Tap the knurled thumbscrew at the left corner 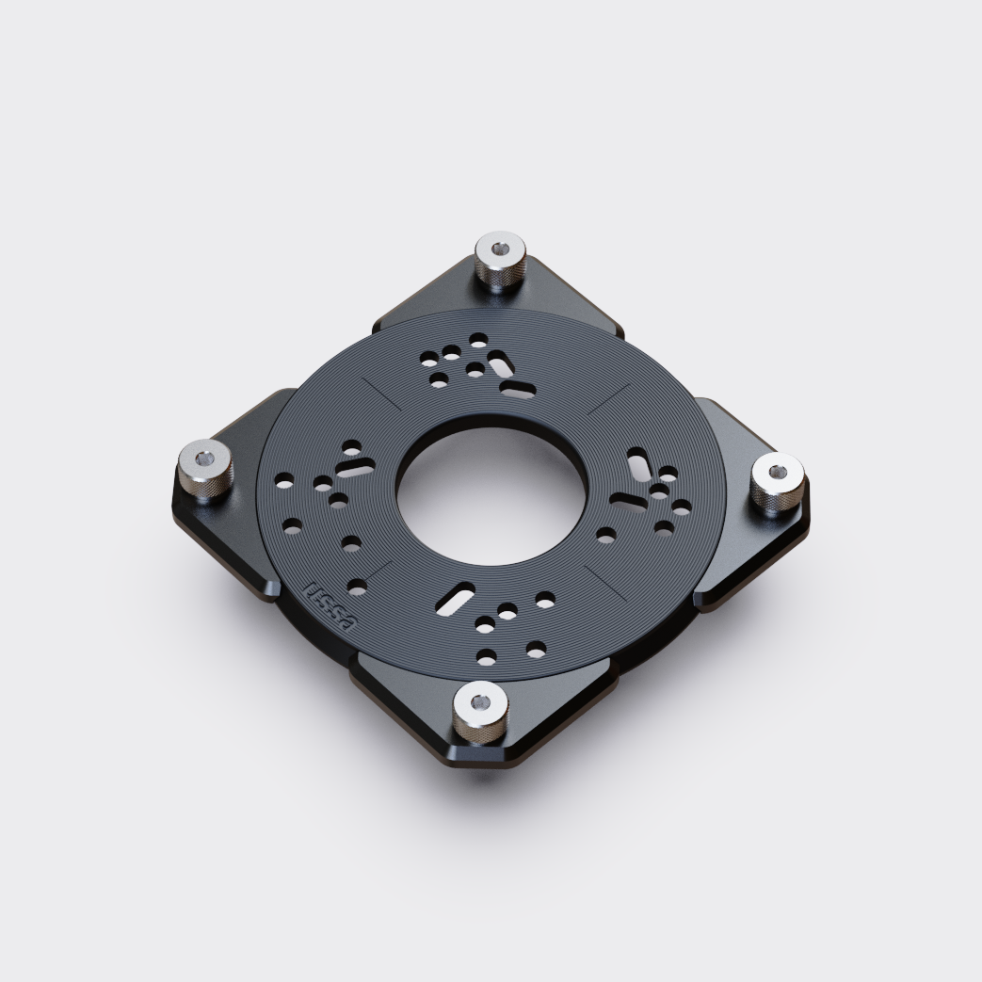coord(205,473)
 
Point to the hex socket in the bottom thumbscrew coord(480,701)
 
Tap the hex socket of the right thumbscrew coord(778,472)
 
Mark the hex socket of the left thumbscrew coord(205,461)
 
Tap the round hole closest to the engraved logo coord(356,588)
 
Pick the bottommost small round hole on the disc coord(487,656)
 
